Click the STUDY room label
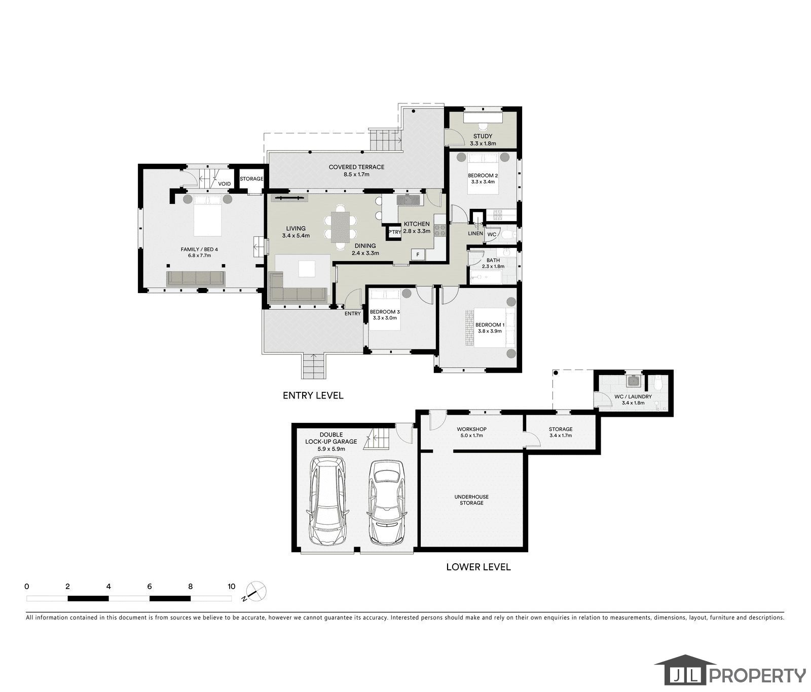(x=483, y=136)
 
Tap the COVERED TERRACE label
(x=356, y=167)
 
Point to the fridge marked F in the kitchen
(x=418, y=254)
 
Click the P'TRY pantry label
(x=394, y=232)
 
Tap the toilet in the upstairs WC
(x=509, y=235)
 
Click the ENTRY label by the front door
(x=352, y=313)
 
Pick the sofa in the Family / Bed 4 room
(x=196, y=278)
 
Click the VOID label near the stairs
(x=225, y=184)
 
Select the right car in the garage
(x=387, y=502)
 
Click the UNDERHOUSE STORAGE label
(x=471, y=500)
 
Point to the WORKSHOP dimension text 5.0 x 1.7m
(x=471, y=435)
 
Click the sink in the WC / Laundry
(x=633, y=380)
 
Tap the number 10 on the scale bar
(x=231, y=587)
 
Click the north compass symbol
(x=255, y=591)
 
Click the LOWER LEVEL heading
(x=478, y=567)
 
